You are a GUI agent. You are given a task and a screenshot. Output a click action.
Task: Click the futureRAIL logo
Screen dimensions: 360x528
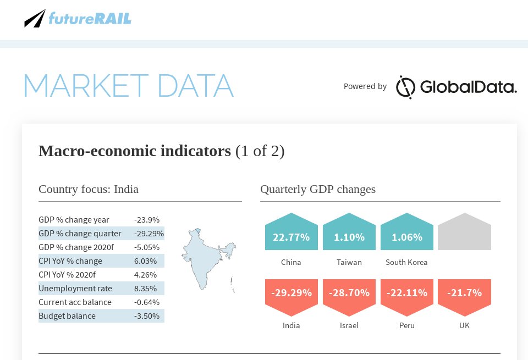(78, 18)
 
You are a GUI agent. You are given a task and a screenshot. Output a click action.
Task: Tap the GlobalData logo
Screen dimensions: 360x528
(456, 87)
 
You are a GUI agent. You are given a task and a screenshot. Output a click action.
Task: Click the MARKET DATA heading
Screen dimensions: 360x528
(128, 86)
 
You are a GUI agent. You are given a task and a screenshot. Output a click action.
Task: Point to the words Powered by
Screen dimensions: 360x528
(365, 86)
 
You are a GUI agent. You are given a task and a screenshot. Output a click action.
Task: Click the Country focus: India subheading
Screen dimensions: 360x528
(89, 189)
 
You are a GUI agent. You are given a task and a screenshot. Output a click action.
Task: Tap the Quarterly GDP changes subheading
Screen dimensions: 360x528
(318, 189)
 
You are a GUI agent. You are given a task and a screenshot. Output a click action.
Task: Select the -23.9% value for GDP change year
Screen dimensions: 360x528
(147, 220)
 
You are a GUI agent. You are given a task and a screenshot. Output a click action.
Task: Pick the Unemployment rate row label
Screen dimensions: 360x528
(75, 289)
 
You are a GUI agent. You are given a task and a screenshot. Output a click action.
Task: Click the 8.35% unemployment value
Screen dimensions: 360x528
(146, 289)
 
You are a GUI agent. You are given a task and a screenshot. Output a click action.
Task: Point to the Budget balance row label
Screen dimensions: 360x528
(67, 316)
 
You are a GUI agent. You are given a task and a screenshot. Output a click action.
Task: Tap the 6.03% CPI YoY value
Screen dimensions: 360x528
(146, 261)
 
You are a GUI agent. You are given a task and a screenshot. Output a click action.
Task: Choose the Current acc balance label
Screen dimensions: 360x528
(75, 302)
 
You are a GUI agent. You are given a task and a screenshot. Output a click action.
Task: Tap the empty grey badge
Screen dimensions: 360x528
(464, 233)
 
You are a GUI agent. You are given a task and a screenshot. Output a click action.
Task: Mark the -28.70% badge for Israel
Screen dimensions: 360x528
(349, 294)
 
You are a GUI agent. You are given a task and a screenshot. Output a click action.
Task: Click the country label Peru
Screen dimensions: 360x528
(407, 325)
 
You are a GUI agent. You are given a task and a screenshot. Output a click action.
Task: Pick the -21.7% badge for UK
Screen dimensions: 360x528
(464, 294)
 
